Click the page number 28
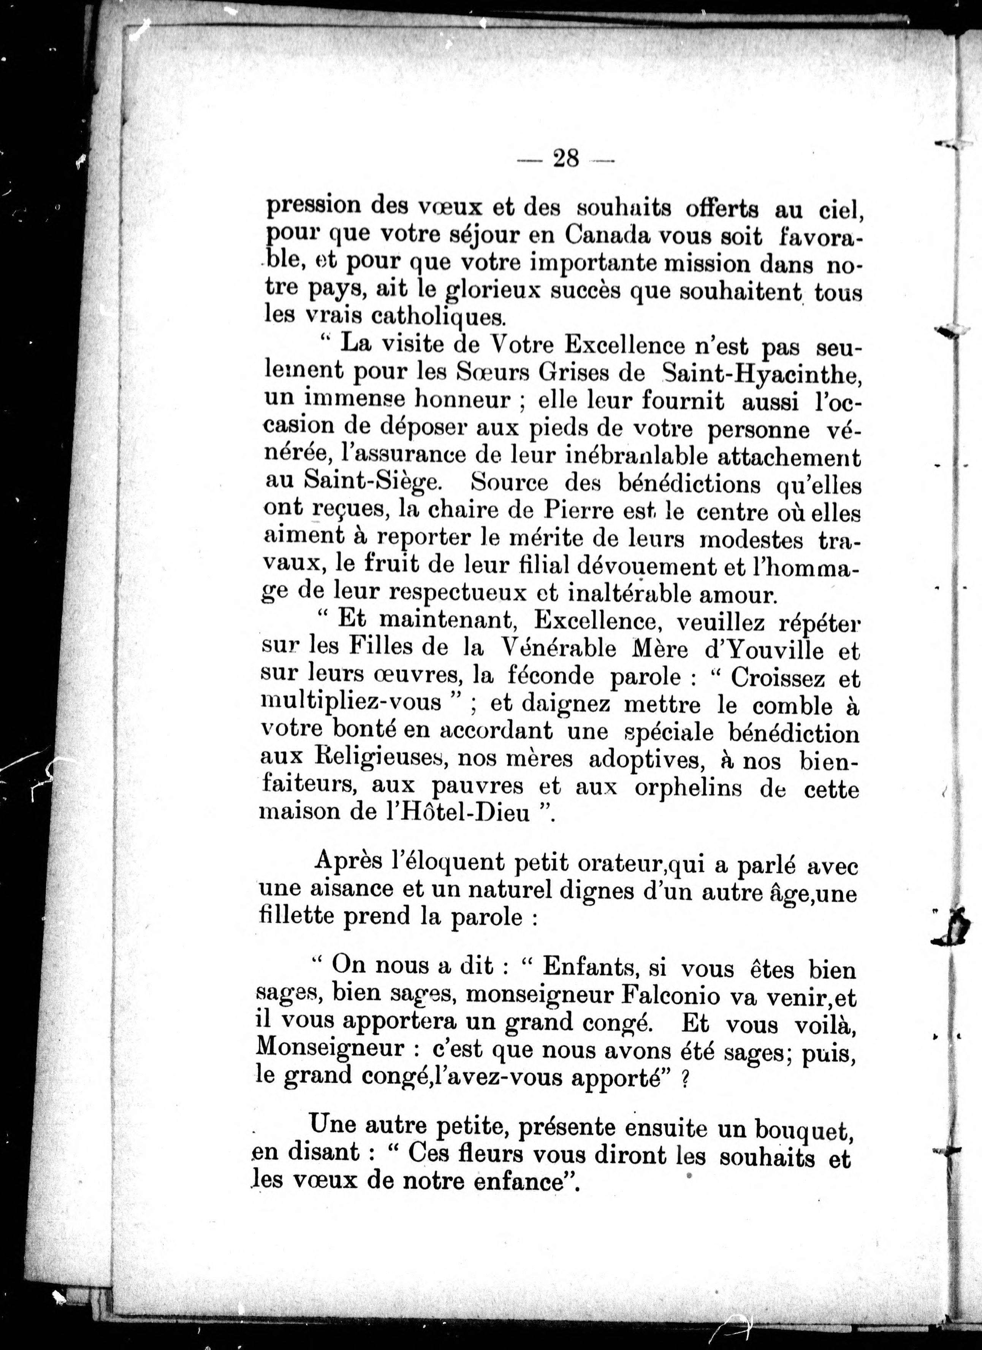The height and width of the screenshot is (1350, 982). click(x=565, y=159)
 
